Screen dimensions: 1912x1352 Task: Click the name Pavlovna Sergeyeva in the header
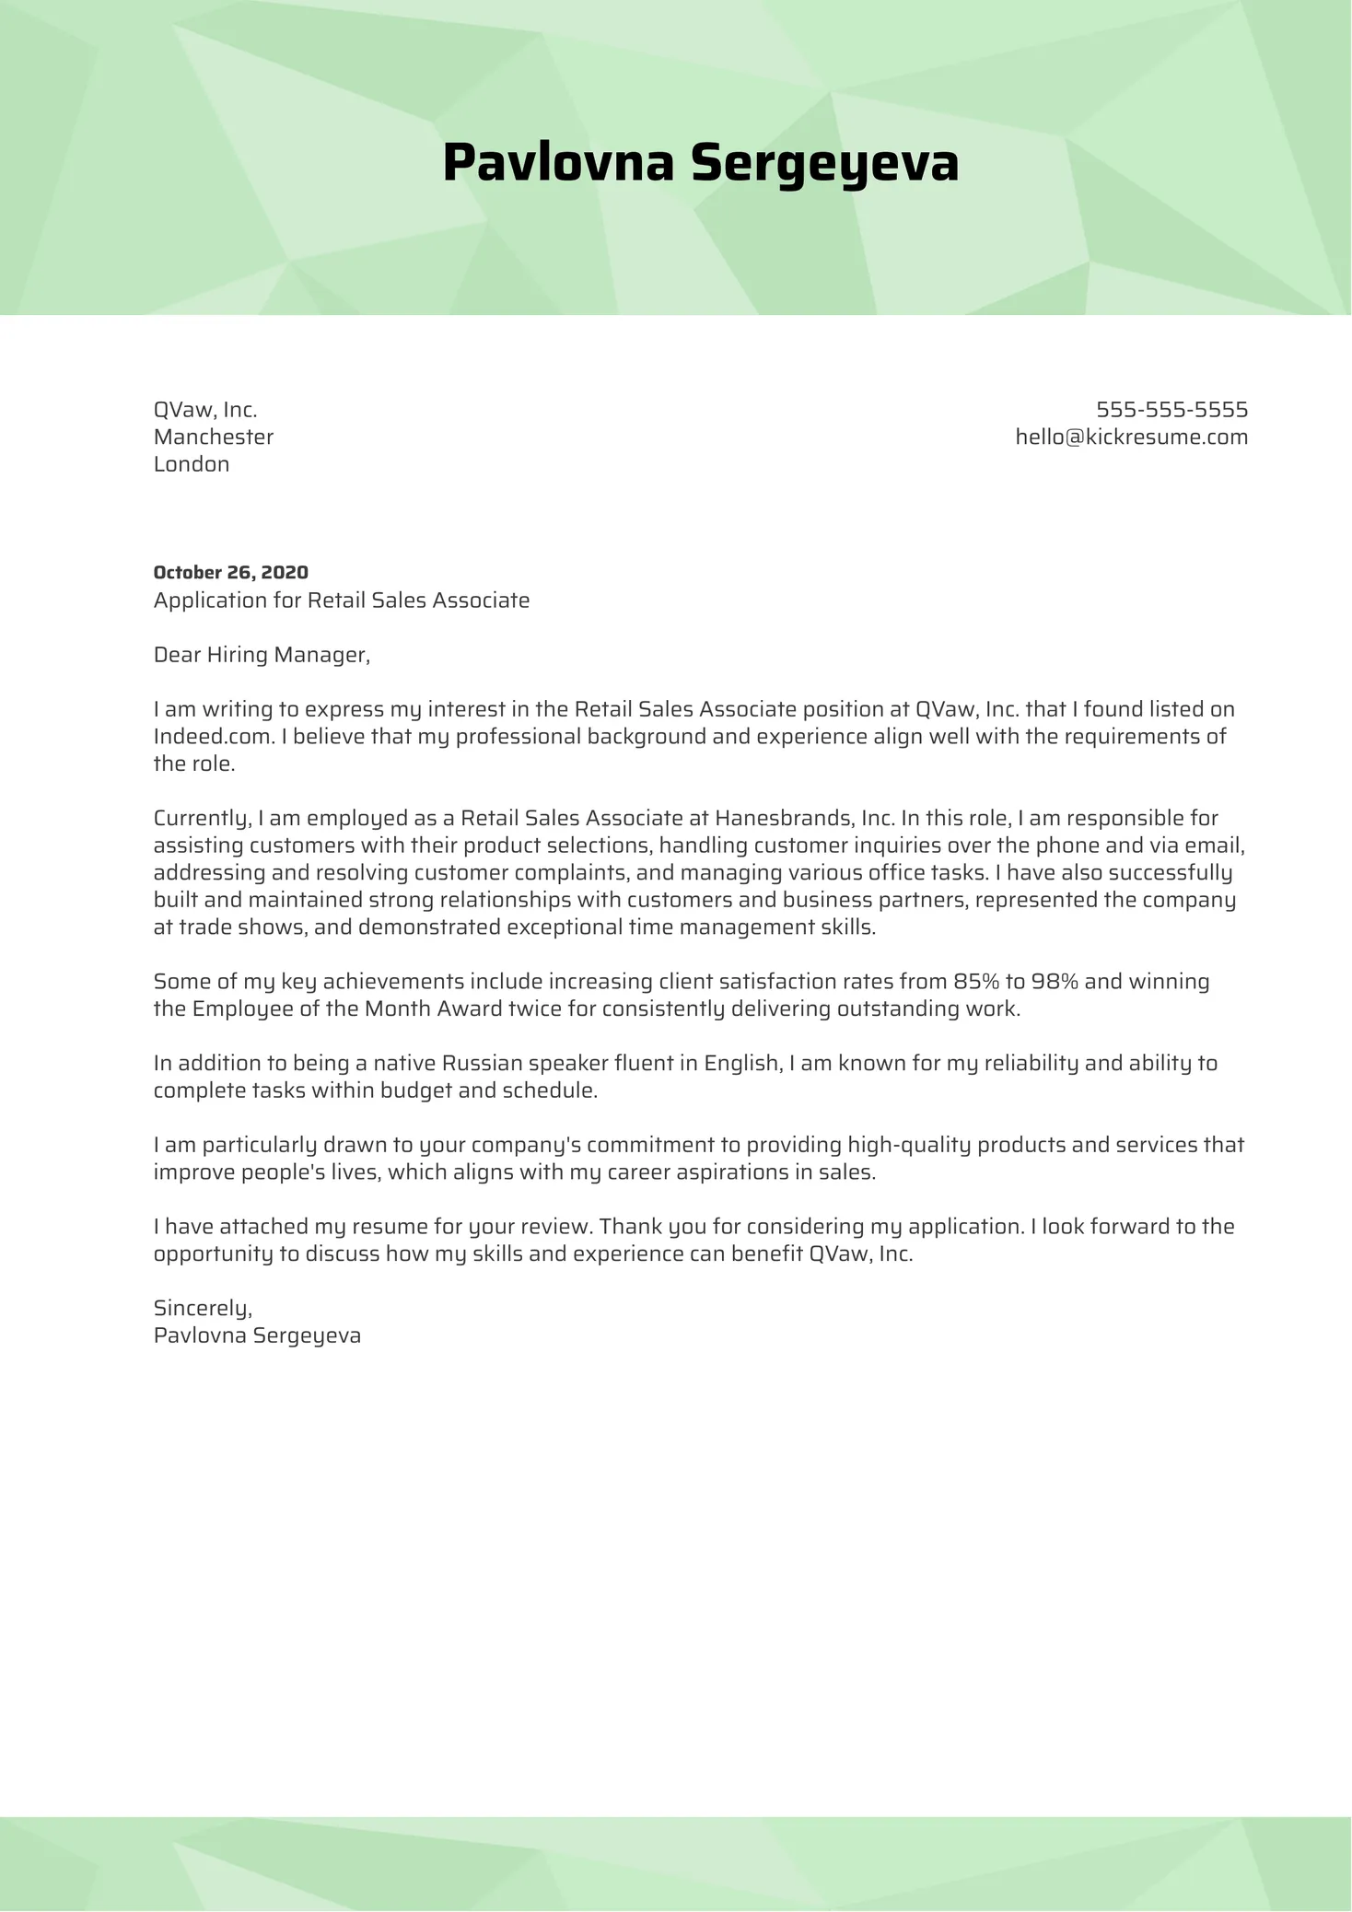[700, 164]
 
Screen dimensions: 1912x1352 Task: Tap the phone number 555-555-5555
[1171, 410]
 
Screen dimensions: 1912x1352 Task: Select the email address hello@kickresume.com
[1131, 437]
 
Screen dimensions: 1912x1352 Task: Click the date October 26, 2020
[230, 573]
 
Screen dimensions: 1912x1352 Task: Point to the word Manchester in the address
[214, 437]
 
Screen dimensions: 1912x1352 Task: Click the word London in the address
[192, 464]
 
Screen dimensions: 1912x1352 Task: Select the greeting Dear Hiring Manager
[262, 655]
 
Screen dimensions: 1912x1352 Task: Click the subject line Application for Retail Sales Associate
[342, 600]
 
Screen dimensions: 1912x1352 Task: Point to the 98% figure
[1055, 982]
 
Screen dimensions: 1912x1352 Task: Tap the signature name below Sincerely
[257, 1335]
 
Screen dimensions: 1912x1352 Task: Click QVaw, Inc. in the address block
[205, 410]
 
